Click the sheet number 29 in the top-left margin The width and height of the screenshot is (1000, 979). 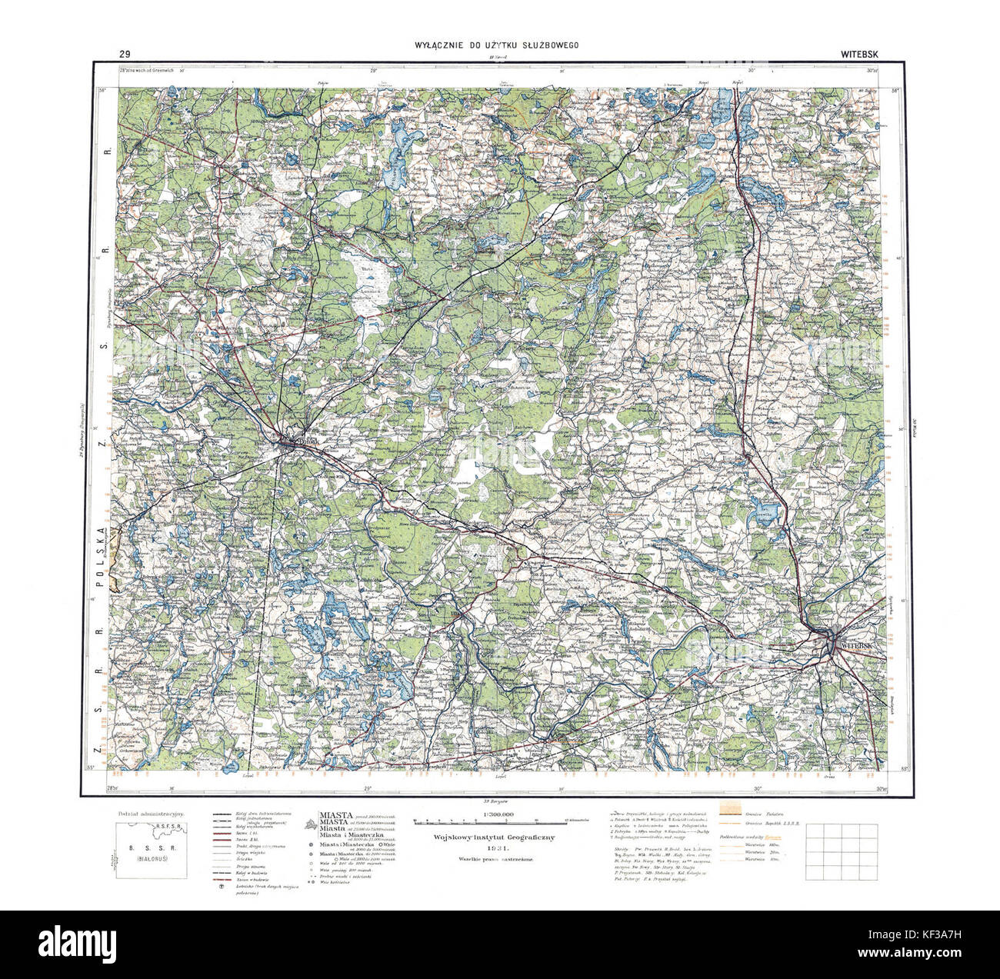124,54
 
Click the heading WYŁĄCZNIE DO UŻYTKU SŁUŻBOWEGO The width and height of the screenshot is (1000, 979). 496,45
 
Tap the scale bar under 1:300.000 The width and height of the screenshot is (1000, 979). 500,824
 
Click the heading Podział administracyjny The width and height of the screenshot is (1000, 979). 149,814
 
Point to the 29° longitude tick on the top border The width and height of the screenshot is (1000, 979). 375,72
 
